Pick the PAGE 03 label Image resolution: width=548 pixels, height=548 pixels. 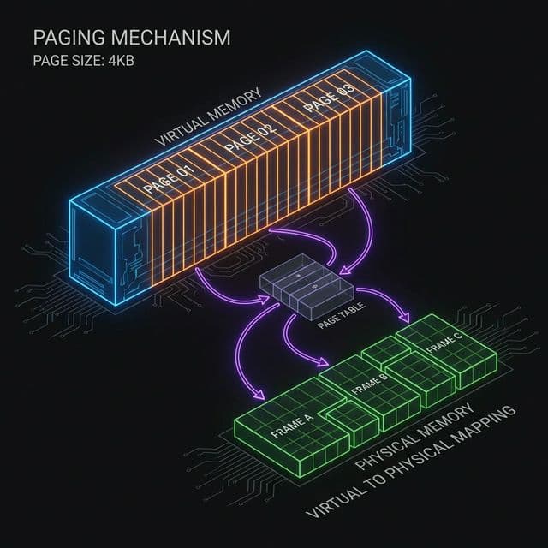[x=329, y=102]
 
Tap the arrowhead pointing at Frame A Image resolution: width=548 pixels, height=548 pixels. [x=258, y=396]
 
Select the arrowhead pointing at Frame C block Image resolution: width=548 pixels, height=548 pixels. [x=414, y=319]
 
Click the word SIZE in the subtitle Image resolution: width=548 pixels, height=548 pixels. [x=77, y=62]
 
